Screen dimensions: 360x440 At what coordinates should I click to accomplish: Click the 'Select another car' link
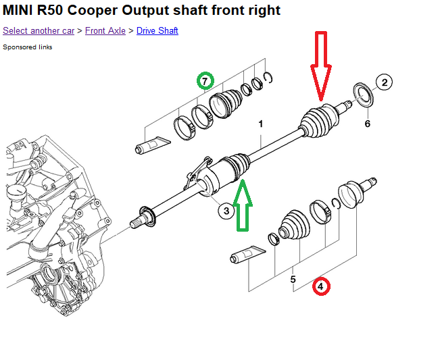point(39,31)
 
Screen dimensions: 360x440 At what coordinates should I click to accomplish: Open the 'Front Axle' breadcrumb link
point(105,31)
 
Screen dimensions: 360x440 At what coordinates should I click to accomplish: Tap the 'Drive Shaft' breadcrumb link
point(157,31)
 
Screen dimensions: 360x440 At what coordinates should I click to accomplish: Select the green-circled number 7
point(205,82)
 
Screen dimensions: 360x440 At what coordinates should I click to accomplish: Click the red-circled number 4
point(322,286)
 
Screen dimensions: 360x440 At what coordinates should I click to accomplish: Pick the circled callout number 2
point(384,83)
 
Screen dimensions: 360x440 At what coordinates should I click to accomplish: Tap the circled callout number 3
point(226,211)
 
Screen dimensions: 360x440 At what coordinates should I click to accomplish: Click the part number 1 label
point(260,124)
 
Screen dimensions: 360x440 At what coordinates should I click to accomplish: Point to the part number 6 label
point(367,124)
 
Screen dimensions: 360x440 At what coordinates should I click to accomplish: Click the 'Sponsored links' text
point(28,47)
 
